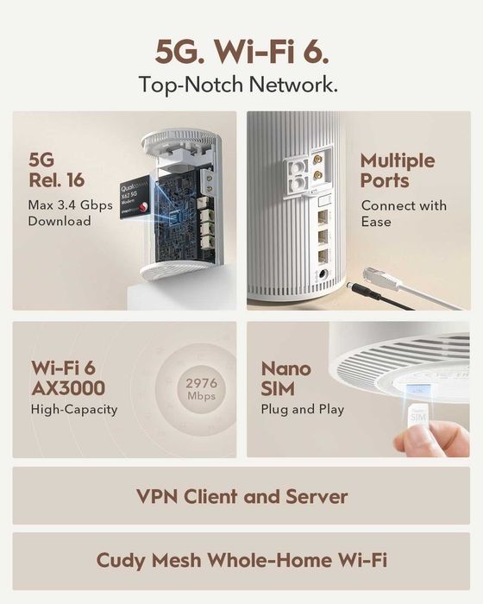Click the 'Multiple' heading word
pyautogui.click(x=398, y=160)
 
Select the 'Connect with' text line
pyautogui.click(x=404, y=205)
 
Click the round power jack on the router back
pyautogui.click(x=325, y=276)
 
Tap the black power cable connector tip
pyautogui.click(x=354, y=286)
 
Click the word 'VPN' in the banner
pyautogui.click(x=160, y=497)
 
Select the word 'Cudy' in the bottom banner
pyautogui.click(x=121, y=561)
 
